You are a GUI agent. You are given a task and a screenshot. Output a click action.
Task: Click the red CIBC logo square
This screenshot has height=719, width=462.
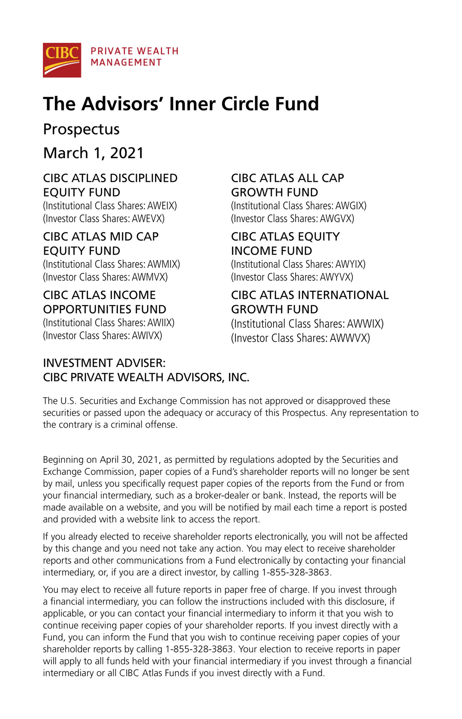(62, 60)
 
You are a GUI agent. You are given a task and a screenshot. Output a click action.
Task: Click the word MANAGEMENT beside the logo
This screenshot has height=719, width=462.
(126, 63)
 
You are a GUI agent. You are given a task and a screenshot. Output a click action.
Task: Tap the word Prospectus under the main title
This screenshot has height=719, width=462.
(81, 129)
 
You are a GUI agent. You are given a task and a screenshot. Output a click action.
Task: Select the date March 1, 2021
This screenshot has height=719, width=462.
(93, 153)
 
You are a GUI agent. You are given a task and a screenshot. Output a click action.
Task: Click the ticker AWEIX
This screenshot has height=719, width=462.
(161, 206)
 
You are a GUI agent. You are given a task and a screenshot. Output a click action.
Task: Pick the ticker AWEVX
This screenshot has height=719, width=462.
(148, 219)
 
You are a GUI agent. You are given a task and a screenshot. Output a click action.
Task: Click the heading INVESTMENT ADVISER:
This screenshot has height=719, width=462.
(104, 363)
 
